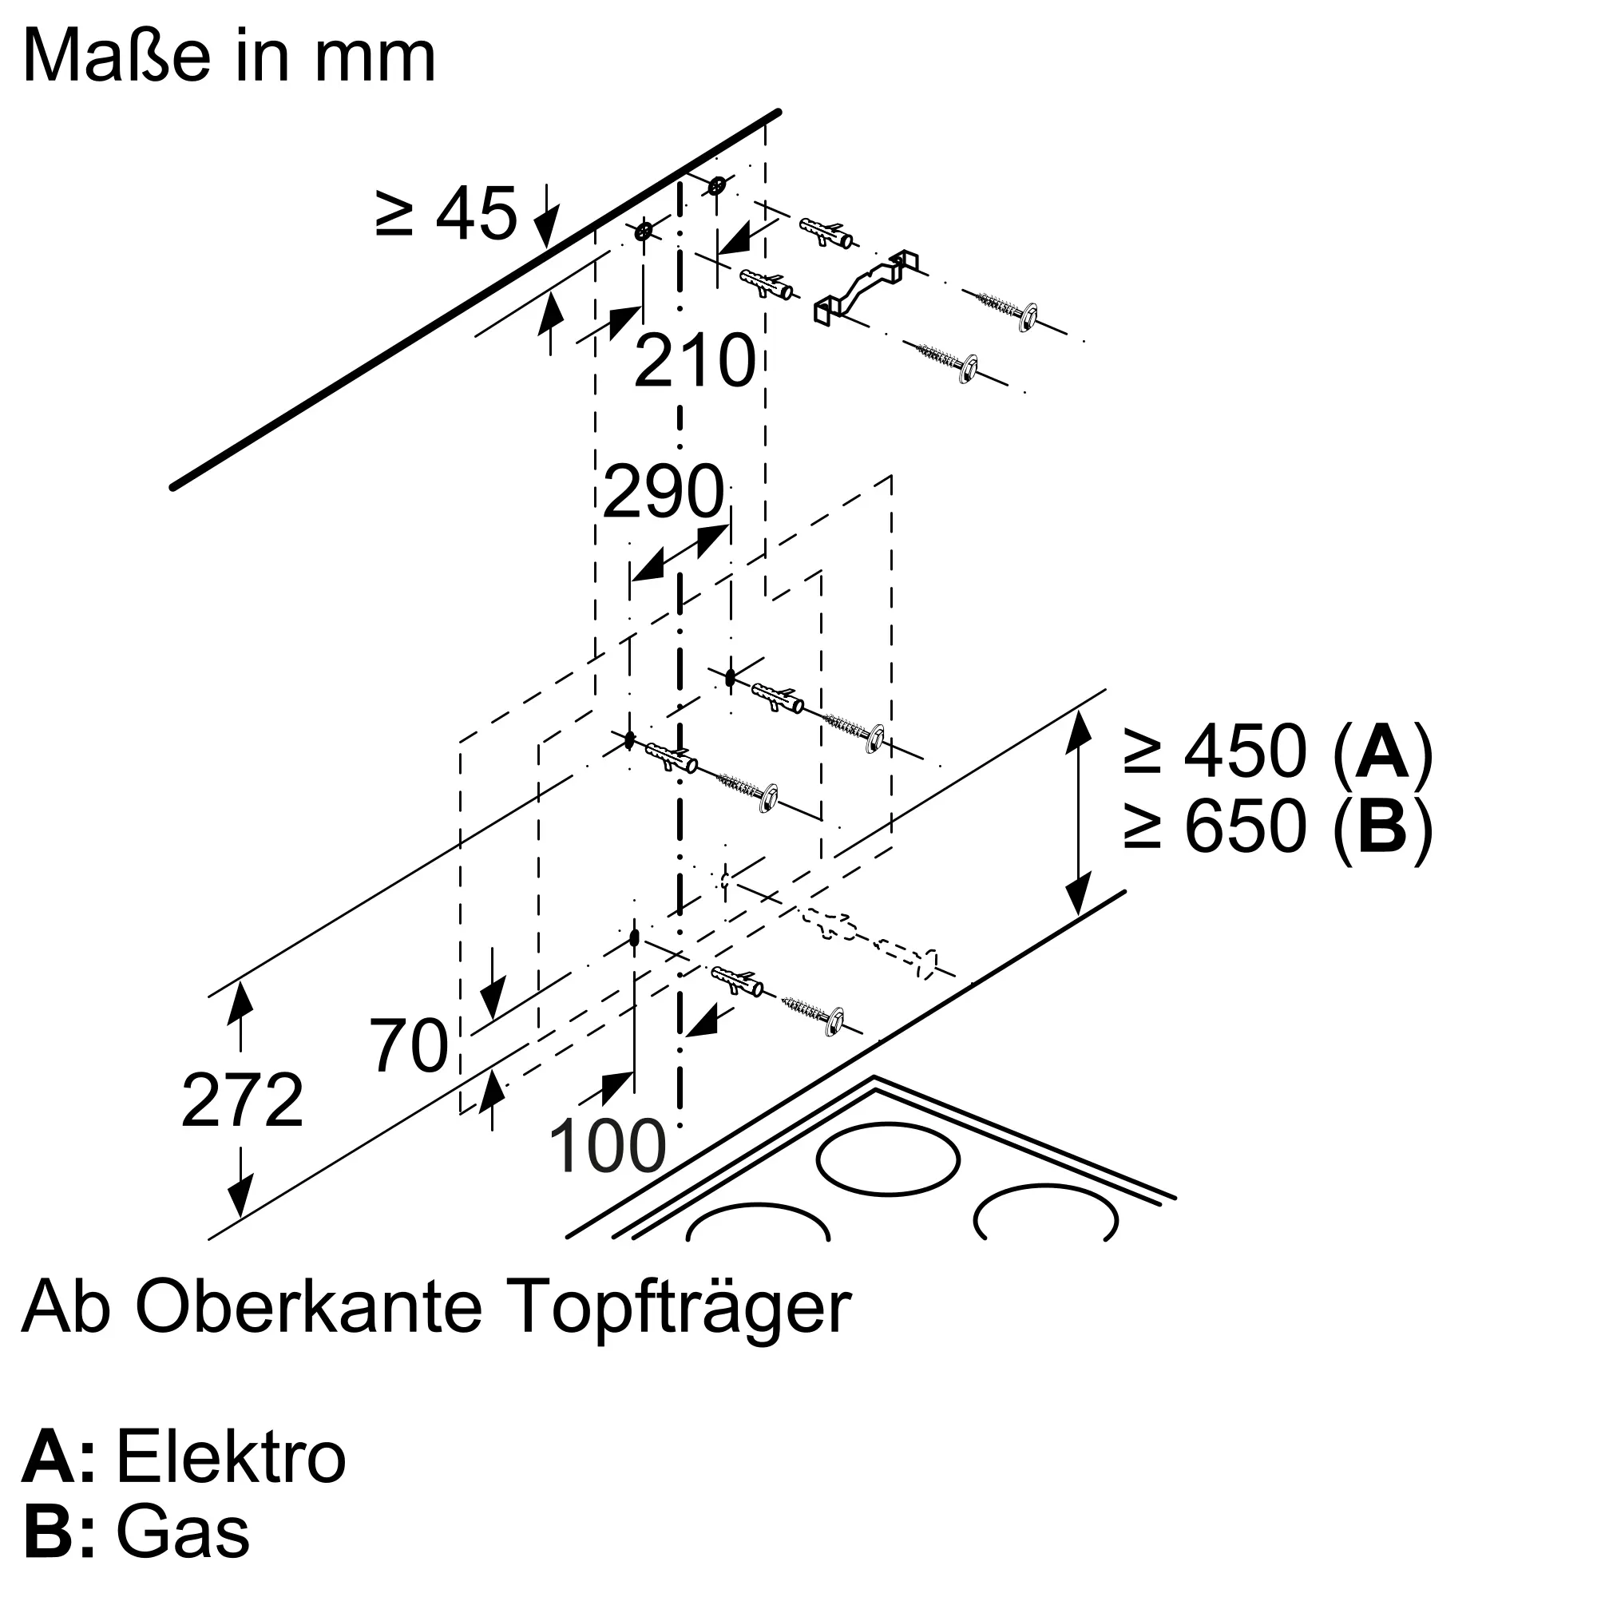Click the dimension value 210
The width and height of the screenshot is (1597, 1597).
tap(695, 361)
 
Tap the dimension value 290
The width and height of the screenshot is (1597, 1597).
tap(664, 492)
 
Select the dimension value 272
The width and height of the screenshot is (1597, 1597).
tap(242, 1100)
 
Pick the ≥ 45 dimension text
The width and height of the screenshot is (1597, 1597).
tap(446, 213)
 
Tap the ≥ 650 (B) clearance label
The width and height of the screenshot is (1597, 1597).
tap(1278, 826)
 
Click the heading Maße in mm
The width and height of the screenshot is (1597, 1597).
tap(229, 56)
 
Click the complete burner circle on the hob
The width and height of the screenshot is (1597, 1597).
tap(889, 1158)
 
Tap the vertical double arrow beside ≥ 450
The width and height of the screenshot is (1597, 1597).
tap(1077, 813)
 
